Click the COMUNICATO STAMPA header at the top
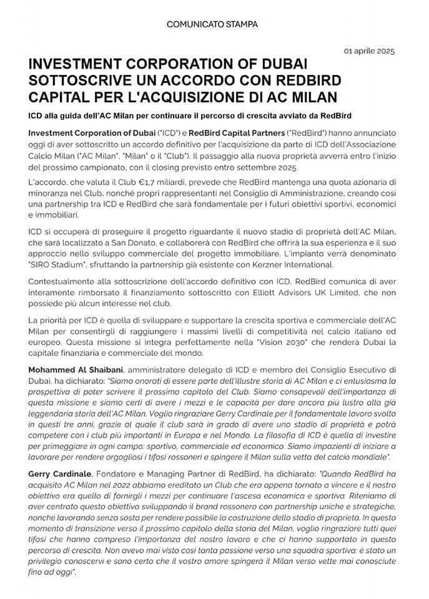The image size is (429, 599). click(212, 24)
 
